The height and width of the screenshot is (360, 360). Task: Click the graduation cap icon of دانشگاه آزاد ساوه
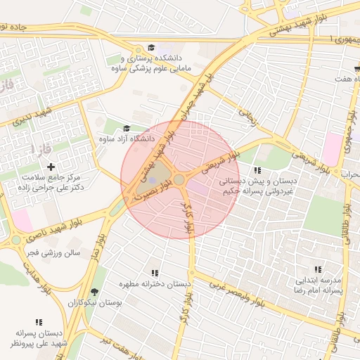127,128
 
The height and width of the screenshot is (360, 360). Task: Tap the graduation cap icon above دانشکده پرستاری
153,47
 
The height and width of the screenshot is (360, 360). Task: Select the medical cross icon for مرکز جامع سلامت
50,167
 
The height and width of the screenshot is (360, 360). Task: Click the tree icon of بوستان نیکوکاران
94,292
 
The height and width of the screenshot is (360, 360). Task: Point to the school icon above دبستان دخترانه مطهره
155,273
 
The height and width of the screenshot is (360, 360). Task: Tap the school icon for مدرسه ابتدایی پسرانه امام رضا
318,269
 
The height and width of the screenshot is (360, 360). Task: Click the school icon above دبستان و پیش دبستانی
257,171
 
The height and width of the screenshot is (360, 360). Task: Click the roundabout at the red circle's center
180,180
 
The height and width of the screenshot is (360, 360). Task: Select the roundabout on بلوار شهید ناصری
15,240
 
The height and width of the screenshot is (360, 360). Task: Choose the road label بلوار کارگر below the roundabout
188,218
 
